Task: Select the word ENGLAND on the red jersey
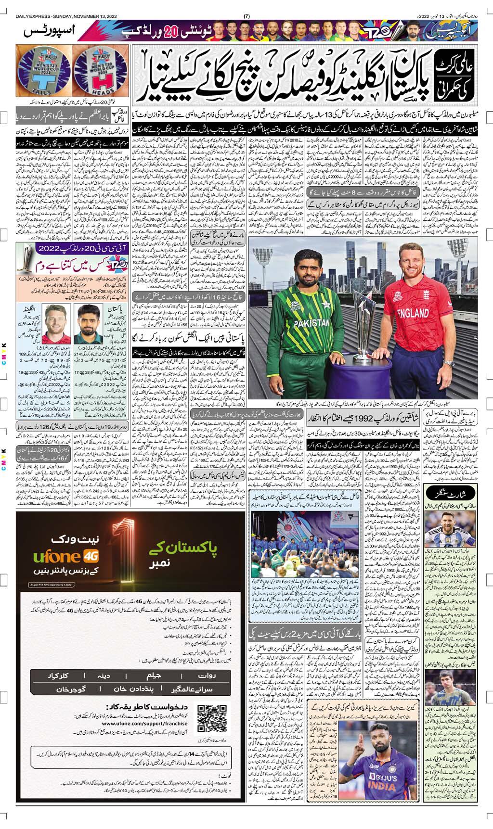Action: pos(413,313)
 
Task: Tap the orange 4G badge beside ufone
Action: pos(91,557)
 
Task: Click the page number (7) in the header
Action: pos(246,16)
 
